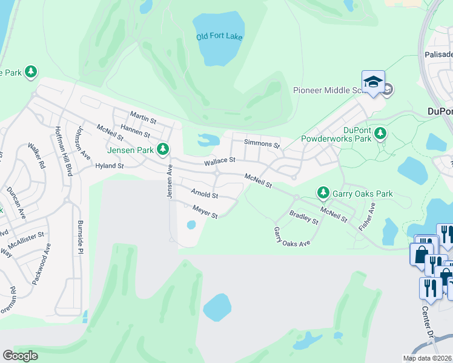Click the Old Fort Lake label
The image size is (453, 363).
pos(219,36)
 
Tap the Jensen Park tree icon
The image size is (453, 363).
pos(162,149)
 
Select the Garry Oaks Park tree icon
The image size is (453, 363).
pos(323,193)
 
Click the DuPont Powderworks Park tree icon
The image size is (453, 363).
pos(380,132)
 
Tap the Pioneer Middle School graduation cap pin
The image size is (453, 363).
pos(373,82)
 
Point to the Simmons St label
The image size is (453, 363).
pos(262,144)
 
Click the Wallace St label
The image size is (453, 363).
pos(219,161)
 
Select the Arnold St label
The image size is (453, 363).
pos(204,194)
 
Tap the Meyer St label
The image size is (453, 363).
pos(205,212)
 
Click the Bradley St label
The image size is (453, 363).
pos(304,217)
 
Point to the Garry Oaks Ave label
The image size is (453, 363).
pos(292,237)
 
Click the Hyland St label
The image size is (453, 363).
pos(110,165)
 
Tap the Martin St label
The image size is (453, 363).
pos(144,114)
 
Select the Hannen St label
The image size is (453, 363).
pos(134,129)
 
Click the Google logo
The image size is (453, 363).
pos(20,356)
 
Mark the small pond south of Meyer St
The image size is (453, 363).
pos(191,225)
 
